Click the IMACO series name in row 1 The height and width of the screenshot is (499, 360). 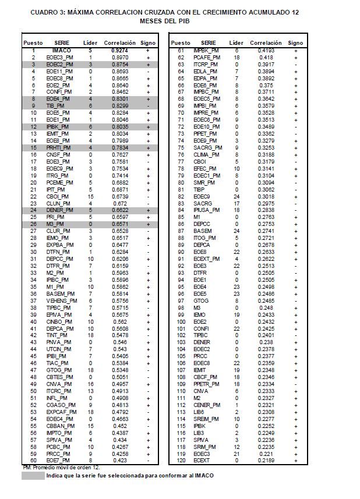coord(62,51)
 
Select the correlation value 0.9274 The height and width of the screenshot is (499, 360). coord(120,51)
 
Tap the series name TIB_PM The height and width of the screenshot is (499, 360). coord(56,106)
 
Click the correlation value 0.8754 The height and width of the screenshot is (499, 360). coord(120,65)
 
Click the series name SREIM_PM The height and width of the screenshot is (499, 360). coord(207,419)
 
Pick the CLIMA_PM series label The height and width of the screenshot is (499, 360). coord(207,155)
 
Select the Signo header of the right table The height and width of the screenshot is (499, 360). coord(295,43)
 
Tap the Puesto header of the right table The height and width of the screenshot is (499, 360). coord(181,43)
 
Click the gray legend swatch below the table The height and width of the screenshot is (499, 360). coord(33,476)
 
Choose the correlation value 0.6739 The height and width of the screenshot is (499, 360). coord(120,196)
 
